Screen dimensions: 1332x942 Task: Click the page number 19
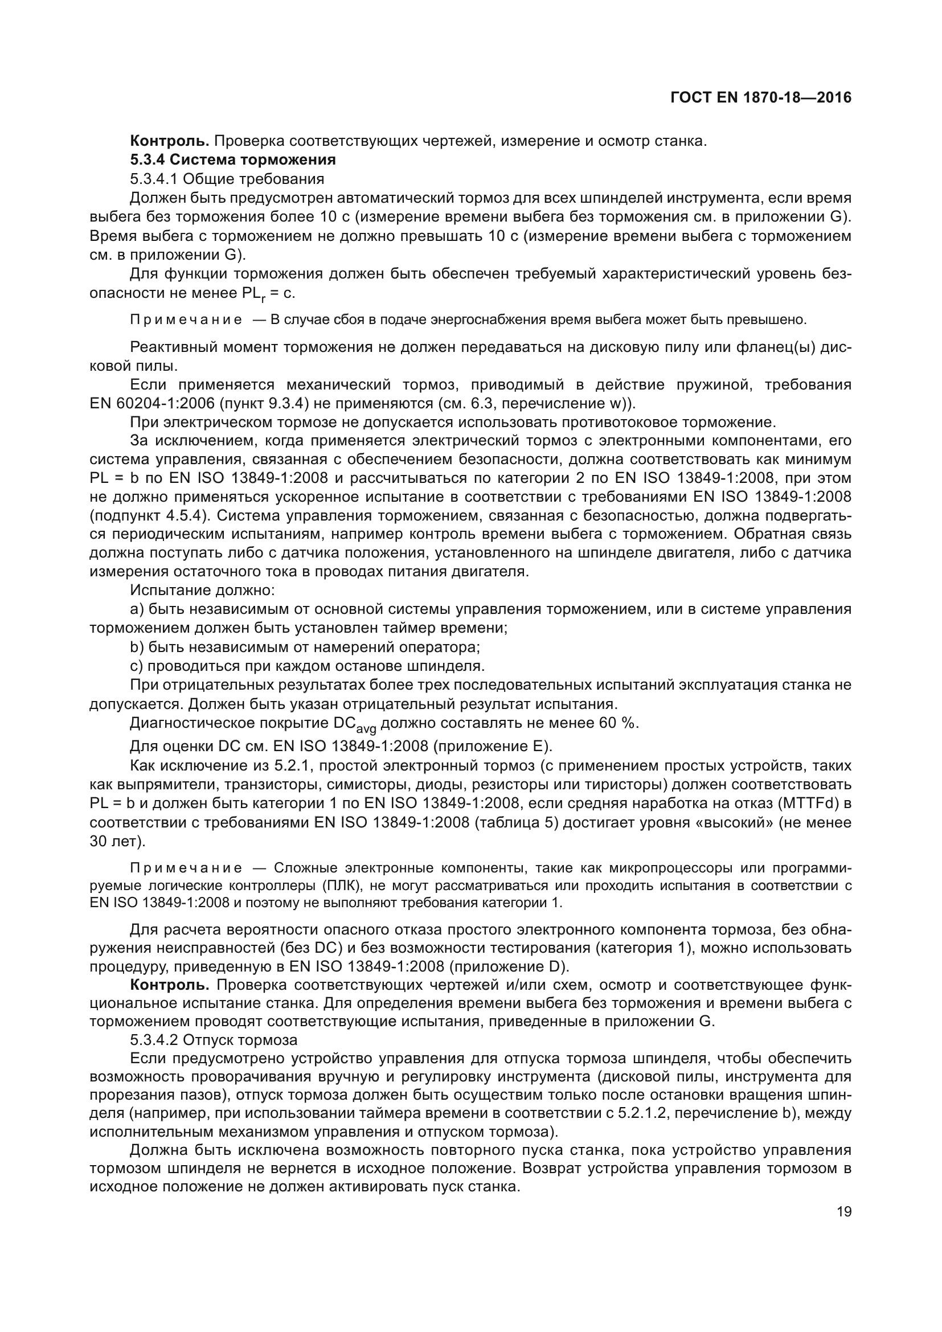coord(844,1212)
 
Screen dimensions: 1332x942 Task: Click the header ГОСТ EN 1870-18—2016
coord(760,97)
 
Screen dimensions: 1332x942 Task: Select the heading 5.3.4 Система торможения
coord(232,159)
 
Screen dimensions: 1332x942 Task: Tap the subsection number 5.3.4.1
coord(154,178)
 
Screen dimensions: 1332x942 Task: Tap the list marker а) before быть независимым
coord(137,609)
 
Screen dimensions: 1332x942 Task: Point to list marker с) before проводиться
coord(136,665)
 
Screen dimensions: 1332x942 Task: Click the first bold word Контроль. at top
coord(169,141)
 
